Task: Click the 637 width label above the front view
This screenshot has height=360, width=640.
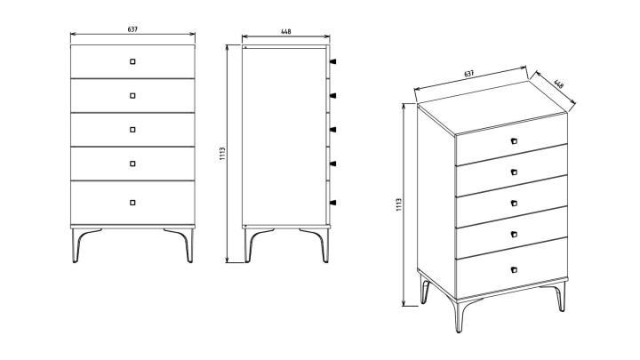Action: point(132,29)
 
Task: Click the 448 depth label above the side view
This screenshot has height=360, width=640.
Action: point(286,31)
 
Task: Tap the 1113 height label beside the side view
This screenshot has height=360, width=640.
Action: point(222,154)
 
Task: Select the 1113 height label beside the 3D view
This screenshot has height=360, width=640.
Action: point(399,205)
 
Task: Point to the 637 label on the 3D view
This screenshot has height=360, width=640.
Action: point(469,74)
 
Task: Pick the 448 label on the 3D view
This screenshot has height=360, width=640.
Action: point(559,84)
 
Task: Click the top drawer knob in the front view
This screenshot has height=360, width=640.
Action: point(132,61)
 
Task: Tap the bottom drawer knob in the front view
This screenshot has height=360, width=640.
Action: point(132,203)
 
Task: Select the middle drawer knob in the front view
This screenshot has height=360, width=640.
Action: point(132,130)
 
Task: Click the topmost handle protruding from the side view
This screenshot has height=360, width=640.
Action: point(332,61)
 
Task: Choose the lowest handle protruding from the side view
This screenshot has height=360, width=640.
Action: point(332,203)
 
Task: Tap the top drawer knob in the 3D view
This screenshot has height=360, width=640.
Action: point(514,141)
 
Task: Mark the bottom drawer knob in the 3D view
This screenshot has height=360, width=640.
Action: point(514,269)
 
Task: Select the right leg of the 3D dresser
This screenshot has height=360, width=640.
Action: point(560,297)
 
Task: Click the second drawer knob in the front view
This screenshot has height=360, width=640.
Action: point(132,95)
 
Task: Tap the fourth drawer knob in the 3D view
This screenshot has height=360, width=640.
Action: point(514,235)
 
